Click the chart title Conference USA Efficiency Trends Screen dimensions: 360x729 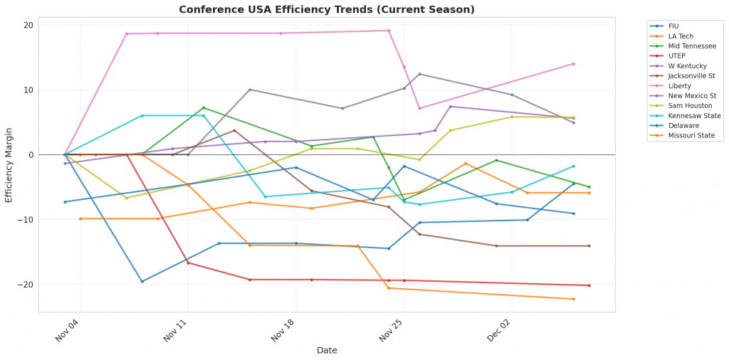[x=327, y=9]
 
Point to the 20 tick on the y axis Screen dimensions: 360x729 [x=28, y=25]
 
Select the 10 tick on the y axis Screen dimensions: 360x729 [x=28, y=90]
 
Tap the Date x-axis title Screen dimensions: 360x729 [x=327, y=350]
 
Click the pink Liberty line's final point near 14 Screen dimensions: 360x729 [x=573, y=64]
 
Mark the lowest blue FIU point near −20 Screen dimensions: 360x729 [x=142, y=281]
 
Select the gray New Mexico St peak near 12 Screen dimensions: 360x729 [x=419, y=74]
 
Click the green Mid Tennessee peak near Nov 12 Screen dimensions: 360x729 [x=204, y=108]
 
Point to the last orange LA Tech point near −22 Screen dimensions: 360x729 [x=573, y=299]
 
